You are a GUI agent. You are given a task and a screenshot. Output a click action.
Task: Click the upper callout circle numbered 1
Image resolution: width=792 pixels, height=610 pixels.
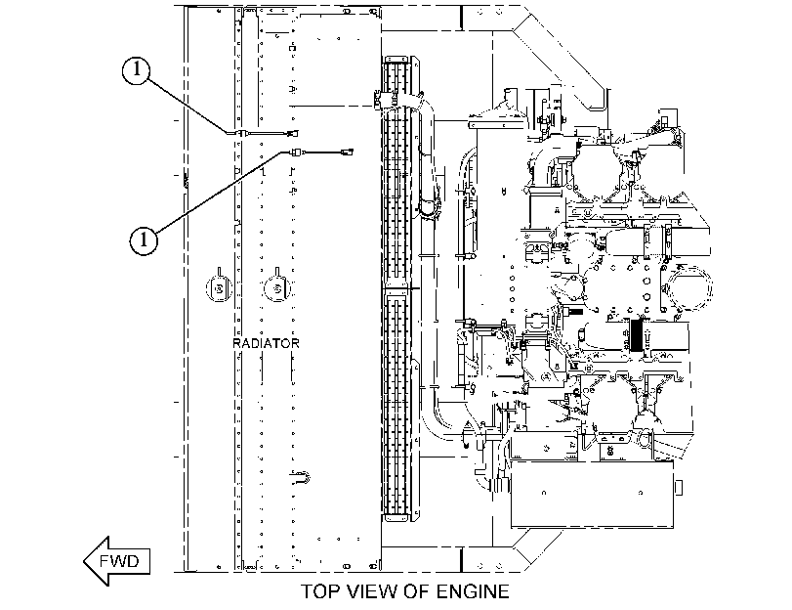click(x=136, y=69)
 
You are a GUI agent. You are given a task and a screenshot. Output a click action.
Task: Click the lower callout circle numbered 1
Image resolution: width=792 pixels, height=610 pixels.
click(x=144, y=240)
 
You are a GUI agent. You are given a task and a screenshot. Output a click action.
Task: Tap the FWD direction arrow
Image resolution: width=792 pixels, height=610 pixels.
click(x=116, y=561)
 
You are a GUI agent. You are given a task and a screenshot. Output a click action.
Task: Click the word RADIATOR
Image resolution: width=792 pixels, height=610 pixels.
click(x=266, y=343)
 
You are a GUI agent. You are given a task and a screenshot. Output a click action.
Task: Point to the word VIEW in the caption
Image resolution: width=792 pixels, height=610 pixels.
click(x=372, y=590)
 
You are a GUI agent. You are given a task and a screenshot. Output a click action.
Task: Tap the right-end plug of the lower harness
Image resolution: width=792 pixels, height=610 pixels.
click(x=348, y=151)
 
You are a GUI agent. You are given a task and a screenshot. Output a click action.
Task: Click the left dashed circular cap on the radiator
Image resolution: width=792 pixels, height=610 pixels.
click(x=219, y=288)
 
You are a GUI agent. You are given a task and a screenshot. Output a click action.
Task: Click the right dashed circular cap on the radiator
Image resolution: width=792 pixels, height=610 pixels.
click(x=277, y=288)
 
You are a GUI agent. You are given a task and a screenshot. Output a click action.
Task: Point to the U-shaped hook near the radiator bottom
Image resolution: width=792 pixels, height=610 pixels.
click(x=302, y=477)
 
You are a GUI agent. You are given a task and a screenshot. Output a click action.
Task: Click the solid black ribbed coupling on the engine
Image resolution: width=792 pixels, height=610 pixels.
click(x=636, y=335)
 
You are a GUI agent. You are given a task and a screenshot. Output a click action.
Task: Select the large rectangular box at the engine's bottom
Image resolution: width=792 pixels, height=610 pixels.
click(x=592, y=494)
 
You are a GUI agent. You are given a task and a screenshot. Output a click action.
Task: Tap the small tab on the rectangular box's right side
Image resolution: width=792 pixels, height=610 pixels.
click(x=679, y=488)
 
